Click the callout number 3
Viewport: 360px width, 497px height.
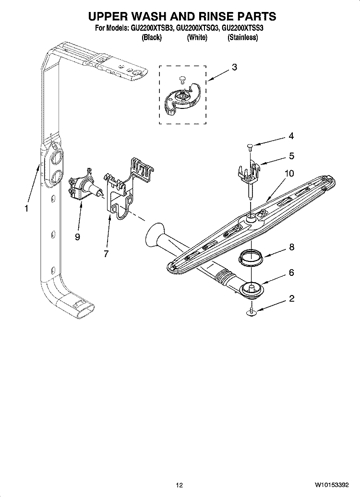[234, 68]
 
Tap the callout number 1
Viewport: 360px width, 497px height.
[26, 209]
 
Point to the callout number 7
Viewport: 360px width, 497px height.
[106, 254]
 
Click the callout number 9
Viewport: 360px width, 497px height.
[77, 237]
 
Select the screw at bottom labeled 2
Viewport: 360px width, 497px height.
[252, 312]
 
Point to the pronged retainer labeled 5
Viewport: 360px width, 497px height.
[250, 173]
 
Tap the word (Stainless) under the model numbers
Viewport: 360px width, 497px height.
[243, 37]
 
